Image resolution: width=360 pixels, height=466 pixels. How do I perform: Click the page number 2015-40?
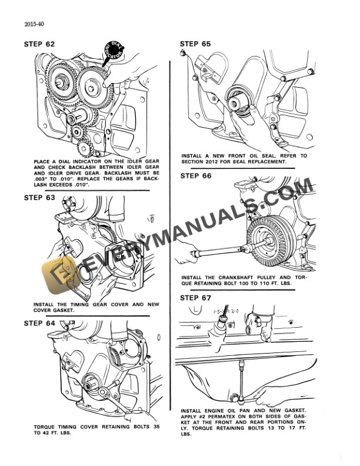(x=34, y=25)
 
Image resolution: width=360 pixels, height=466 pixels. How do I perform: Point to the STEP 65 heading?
(x=195, y=44)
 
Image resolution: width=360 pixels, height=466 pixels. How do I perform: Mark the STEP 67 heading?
(x=195, y=298)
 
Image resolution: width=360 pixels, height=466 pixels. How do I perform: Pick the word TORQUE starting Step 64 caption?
(x=46, y=426)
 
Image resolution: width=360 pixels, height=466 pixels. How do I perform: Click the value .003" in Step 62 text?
(x=43, y=179)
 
